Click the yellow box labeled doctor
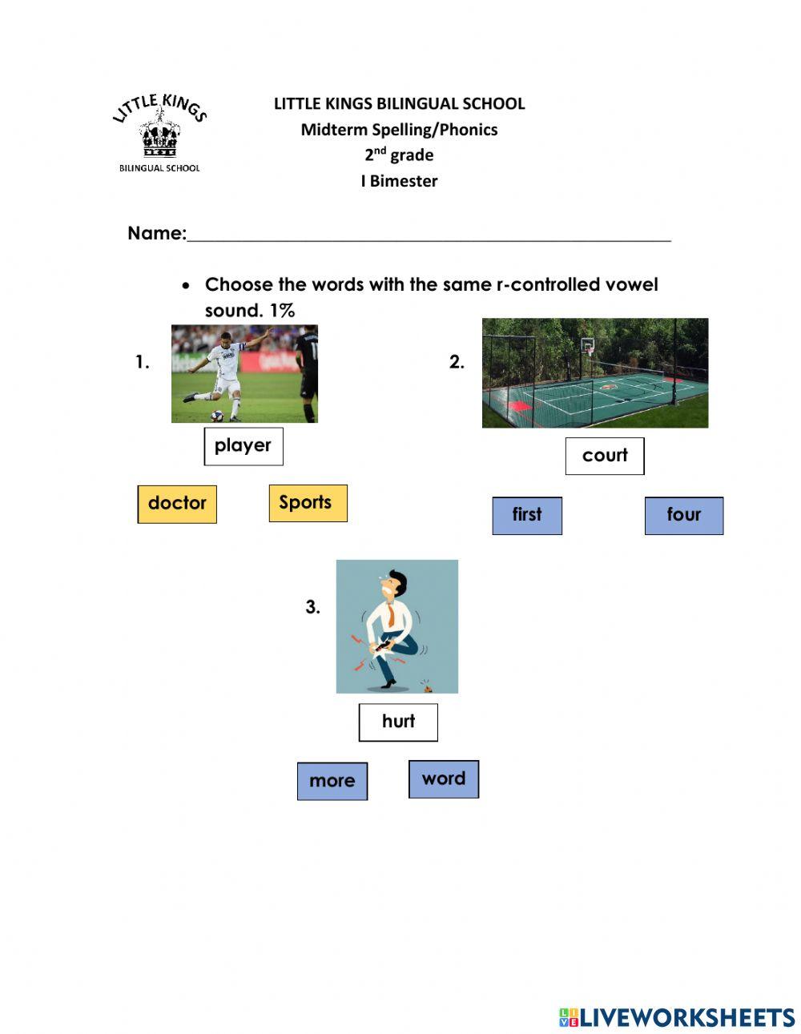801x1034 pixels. click(177, 504)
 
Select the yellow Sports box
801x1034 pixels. click(308, 503)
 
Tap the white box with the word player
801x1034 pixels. click(243, 446)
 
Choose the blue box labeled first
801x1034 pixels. click(526, 515)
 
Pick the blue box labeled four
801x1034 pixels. click(683, 515)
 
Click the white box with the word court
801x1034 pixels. click(604, 456)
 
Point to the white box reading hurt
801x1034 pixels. click(397, 722)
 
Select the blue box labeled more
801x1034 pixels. click(332, 781)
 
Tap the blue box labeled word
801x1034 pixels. click(443, 779)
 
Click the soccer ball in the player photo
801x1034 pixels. click(217, 415)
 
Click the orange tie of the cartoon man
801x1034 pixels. click(391, 614)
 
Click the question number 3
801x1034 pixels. click(312, 607)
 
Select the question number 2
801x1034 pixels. click(457, 362)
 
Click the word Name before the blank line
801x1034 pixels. click(155, 233)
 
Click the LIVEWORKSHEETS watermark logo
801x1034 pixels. click(676, 1017)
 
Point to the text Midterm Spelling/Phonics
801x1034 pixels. click(399, 130)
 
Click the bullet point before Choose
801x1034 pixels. click(187, 285)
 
